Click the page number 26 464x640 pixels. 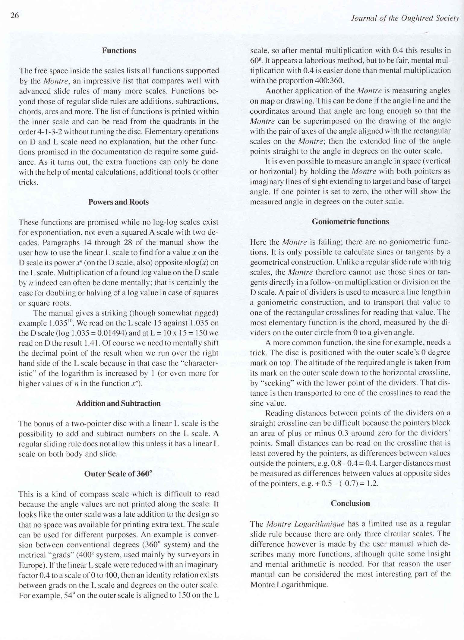(x=15, y=15)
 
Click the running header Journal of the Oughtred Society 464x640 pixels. (x=405, y=18)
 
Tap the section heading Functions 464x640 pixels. (x=119, y=50)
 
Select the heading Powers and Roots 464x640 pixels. (x=118, y=202)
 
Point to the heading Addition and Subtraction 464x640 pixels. (x=118, y=404)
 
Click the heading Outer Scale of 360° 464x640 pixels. (x=118, y=474)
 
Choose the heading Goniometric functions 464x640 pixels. (x=350, y=222)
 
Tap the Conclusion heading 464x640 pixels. (x=350, y=503)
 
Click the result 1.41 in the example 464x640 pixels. (x=92, y=343)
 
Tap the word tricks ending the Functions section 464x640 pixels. (x=28, y=182)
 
